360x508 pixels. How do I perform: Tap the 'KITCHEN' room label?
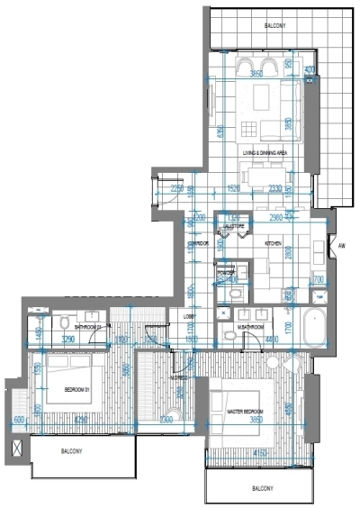click(x=274, y=243)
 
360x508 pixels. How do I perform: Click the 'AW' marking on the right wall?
click(x=342, y=245)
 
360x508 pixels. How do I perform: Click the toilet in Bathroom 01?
click(x=66, y=322)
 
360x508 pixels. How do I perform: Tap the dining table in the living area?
click(x=263, y=97)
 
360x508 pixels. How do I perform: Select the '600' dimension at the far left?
click(x=19, y=420)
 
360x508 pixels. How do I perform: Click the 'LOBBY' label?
click(x=190, y=316)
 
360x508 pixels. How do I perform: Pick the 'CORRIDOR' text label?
click(x=198, y=243)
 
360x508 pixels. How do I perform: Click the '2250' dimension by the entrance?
click(x=177, y=189)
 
